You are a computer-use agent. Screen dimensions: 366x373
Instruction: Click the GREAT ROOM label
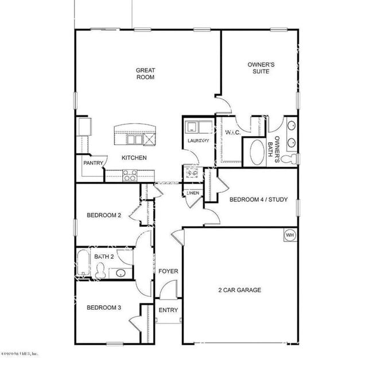point(145,74)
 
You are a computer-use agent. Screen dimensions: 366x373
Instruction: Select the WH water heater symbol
point(289,235)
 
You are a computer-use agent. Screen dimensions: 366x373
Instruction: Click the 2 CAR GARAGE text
point(240,290)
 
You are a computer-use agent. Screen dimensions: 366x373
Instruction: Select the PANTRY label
point(92,163)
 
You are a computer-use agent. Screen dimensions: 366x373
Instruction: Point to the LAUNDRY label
point(198,141)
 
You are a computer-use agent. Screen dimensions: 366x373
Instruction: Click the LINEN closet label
point(193,193)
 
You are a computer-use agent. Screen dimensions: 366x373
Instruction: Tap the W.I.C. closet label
point(232,133)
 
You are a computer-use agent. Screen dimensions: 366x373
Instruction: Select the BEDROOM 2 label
point(104,216)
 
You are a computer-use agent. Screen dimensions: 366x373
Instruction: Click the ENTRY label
point(168,310)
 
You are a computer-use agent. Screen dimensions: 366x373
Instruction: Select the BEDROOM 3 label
point(104,307)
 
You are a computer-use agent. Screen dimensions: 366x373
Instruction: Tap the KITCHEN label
point(133,158)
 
